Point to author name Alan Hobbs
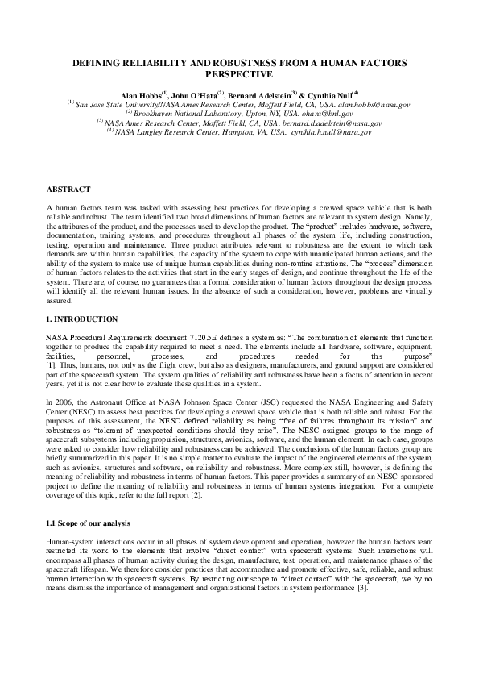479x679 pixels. coord(139,95)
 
